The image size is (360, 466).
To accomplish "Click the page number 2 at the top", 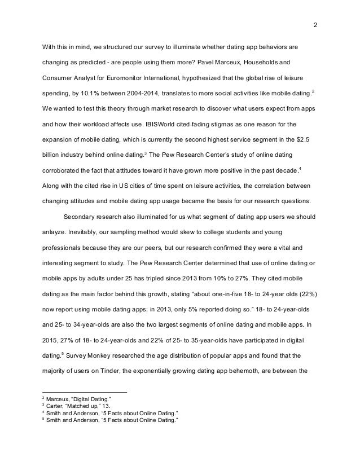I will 315,25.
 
